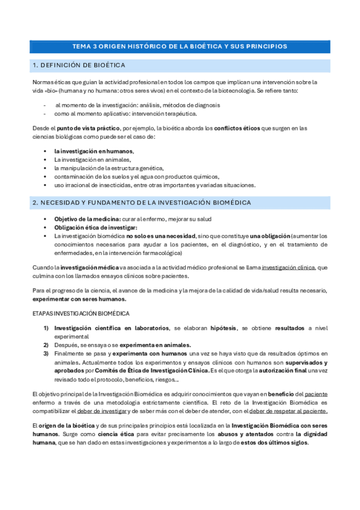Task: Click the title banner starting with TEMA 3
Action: [x=180, y=46]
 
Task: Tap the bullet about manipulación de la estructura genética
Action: [x=109, y=168]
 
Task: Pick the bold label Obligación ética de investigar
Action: [x=96, y=227]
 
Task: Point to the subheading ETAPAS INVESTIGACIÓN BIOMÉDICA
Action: [x=80, y=314]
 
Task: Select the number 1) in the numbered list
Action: [x=46, y=328]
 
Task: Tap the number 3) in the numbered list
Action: [x=46, y=354]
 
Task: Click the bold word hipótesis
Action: [x=223, y=328]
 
